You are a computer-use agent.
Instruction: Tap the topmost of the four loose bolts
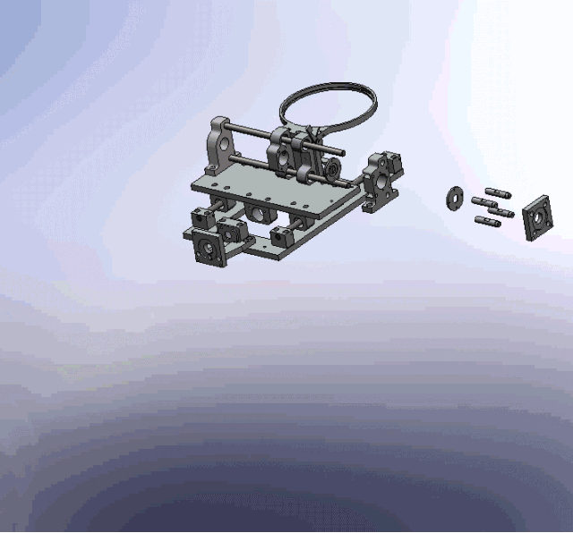(x=496, y=191)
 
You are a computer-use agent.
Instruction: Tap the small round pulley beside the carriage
(x=332, y=169)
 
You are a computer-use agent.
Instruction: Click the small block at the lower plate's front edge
(x=283, y=238)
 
